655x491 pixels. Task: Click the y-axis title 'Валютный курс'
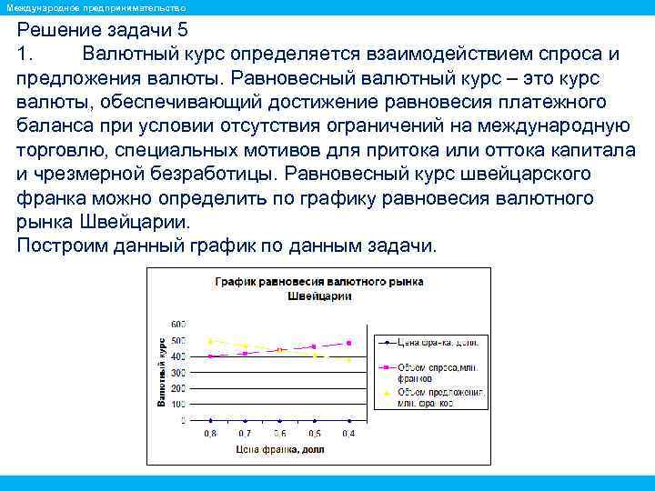161,370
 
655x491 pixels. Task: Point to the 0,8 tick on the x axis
210,434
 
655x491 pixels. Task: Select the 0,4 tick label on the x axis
348,434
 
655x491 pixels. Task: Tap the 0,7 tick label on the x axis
245,434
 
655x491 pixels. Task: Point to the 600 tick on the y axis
177,324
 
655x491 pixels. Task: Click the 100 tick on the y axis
177,405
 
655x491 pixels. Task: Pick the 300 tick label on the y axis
177,372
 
